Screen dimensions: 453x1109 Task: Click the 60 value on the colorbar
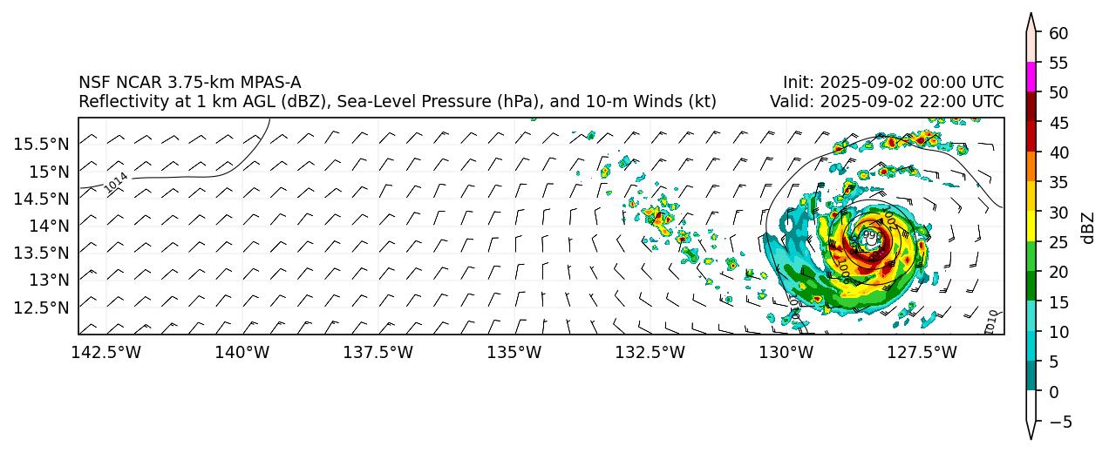coord(1058,33)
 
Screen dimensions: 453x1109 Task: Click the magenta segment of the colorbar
coord(1031,77)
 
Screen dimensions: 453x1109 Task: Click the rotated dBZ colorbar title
coord(1087,227)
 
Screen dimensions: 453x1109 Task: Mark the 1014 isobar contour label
coord(116,182)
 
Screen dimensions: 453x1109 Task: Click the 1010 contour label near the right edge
coord(990,321)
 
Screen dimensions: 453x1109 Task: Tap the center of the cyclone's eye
coord(870,236)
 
